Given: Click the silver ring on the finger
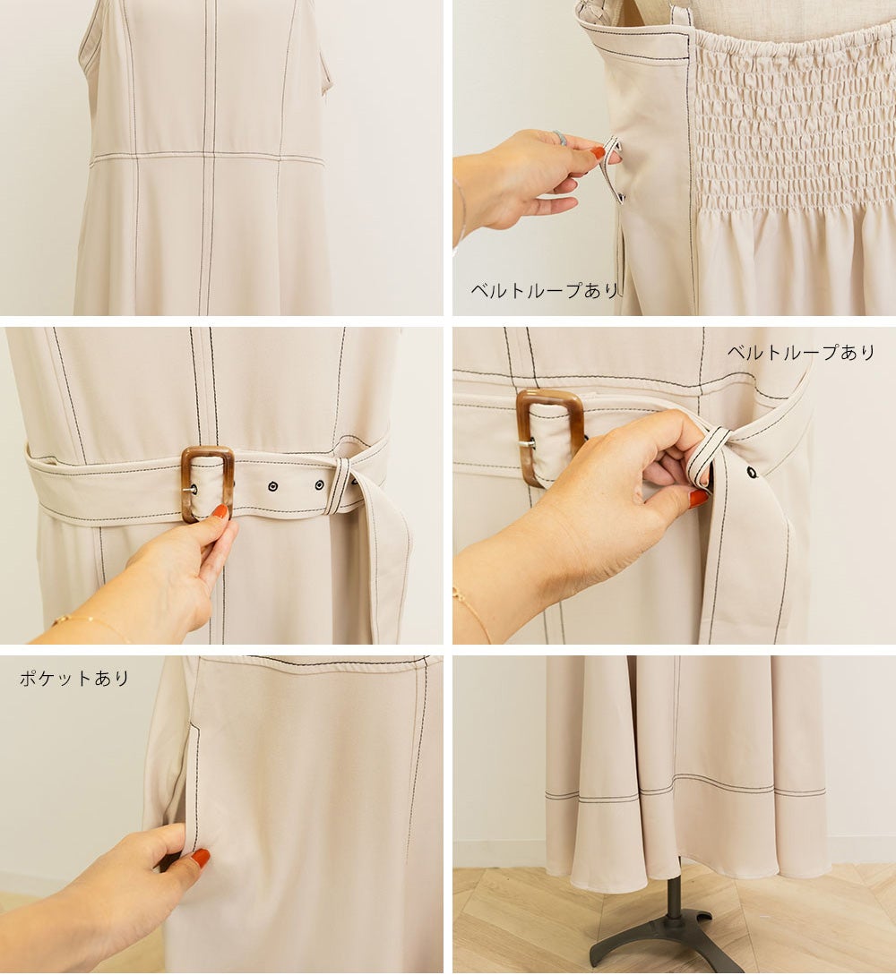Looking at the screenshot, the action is tap(561, 138).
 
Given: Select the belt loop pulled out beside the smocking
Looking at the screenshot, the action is tap(613, 170).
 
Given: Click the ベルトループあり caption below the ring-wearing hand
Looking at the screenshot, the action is tap(545, 290).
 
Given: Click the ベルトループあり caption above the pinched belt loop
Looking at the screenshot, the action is tap(801, 353).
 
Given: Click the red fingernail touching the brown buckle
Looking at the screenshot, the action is tap(220, 512).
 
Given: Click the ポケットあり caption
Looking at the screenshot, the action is tap(74, 678).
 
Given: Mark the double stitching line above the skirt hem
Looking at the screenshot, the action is tap(685, 790).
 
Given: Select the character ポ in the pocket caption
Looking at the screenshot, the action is tap(28, 678).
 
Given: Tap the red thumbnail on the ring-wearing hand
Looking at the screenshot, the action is tap(598, 152).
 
